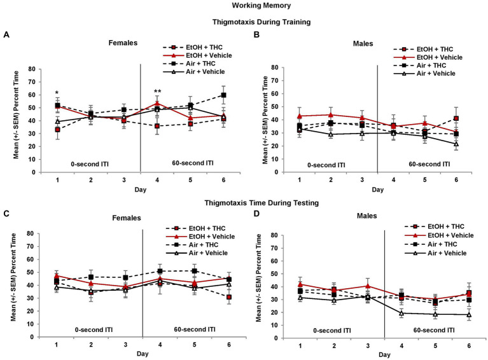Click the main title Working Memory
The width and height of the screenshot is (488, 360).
(244, 6)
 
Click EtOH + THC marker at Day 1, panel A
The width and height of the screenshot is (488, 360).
(57, 129)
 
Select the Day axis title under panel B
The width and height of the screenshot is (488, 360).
(378, 189)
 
